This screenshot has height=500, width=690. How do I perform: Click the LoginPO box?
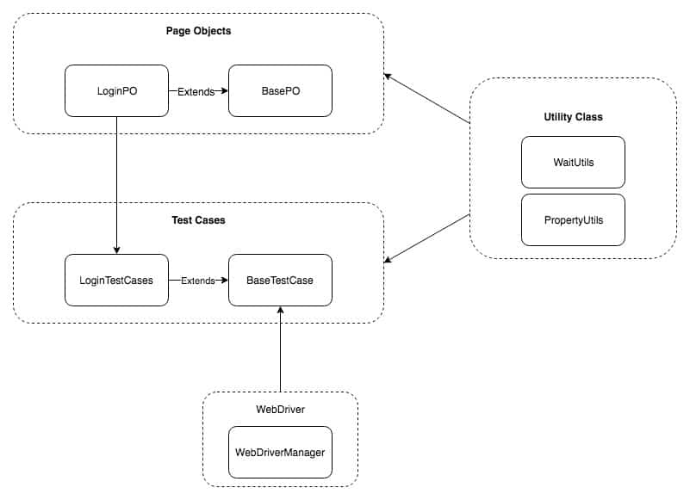(116, 90)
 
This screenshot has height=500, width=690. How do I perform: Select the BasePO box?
(279, 90)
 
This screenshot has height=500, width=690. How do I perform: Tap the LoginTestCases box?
(116, 280)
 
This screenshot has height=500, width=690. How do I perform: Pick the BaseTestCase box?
(279, 280)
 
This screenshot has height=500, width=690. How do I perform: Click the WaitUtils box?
(573, 162)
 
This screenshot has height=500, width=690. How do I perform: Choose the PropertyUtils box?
(573, 220)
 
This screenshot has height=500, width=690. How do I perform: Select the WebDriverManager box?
(279, 452)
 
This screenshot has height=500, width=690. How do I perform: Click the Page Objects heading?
(198, 31)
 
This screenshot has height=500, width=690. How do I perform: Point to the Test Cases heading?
(198, 220)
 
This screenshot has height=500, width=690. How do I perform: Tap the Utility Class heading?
(573, 115)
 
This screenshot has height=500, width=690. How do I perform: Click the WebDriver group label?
(279, 409)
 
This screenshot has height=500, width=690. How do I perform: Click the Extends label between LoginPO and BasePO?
(196, 90)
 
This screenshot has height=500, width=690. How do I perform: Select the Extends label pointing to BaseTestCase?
(197, 280)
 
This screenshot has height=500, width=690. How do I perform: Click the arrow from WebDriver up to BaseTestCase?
(280, 353)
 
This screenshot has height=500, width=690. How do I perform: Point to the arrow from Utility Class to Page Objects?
(427, 99)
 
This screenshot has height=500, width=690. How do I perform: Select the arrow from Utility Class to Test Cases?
(427, 237)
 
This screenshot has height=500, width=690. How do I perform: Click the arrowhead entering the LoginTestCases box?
(116, 250)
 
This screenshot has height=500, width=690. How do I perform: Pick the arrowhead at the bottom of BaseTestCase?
(280, 311)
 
